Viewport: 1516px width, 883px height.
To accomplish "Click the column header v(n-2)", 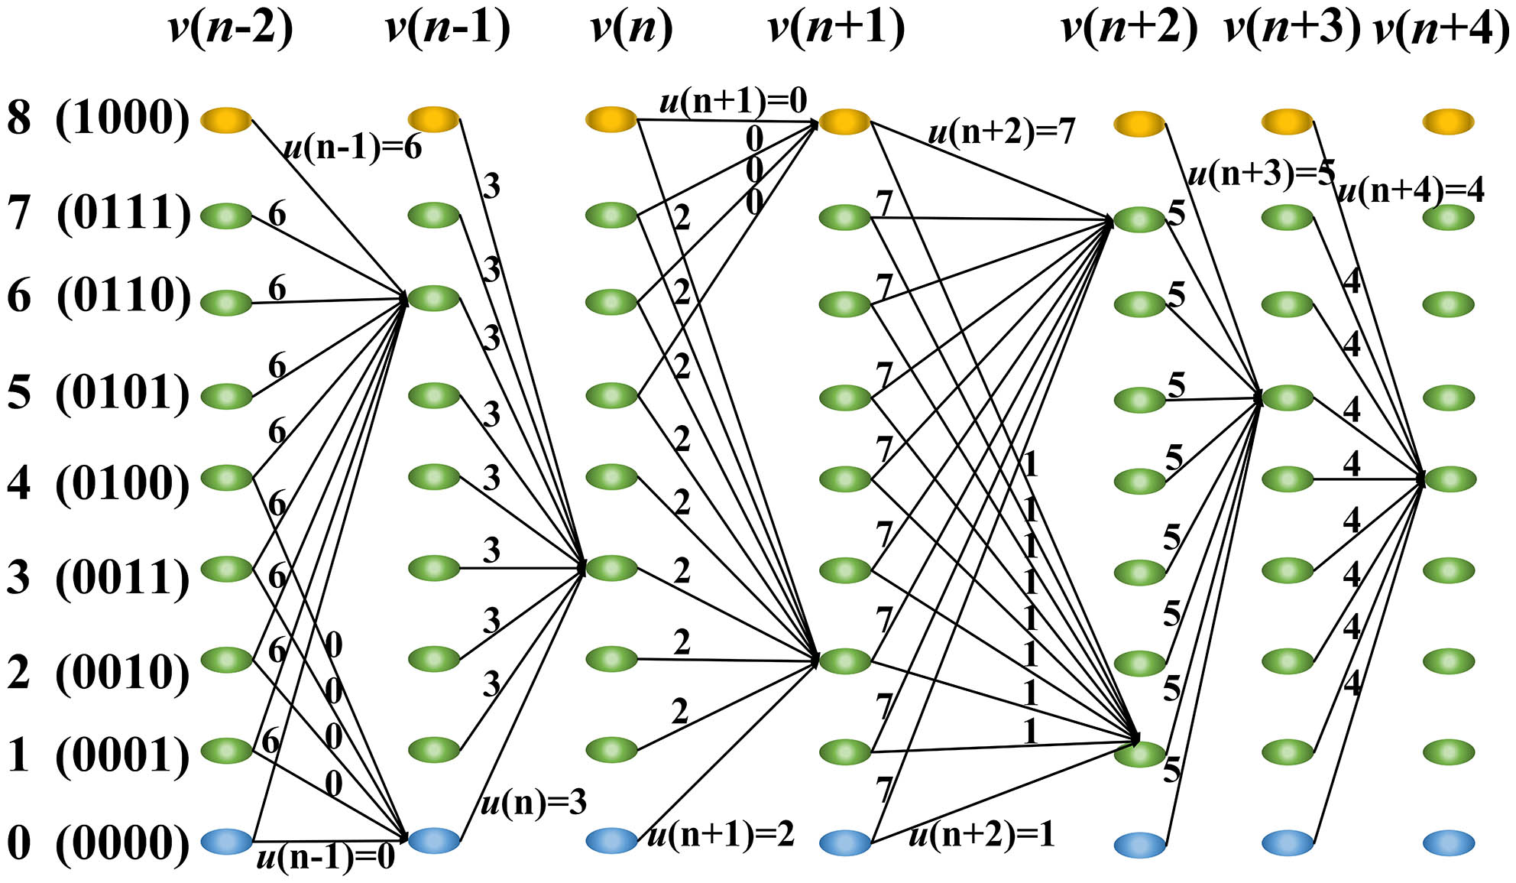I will point(230,28).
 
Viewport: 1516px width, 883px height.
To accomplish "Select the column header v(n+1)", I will point(836,28).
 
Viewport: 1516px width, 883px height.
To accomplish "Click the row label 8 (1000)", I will point(98,118).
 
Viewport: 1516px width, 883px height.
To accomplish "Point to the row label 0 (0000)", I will point(98,843).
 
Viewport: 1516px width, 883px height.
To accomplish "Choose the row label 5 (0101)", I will point(98,394).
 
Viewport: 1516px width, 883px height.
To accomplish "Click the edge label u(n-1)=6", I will point(352,146).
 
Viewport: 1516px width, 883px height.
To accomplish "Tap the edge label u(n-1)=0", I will point(326,857).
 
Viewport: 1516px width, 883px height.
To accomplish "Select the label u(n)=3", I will point(533,803).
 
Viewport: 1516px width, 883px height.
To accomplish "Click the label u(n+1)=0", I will point(733,100).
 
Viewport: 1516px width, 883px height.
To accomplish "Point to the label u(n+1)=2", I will point(721,834).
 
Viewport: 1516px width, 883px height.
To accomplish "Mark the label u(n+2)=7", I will point(1001,132).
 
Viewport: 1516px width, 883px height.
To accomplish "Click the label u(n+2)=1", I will point(982,834).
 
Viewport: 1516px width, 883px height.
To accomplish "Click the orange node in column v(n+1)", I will point(844,121).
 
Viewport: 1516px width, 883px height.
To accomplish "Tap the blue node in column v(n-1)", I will point(434,840).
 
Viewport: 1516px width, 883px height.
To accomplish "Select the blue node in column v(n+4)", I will point(1449,842).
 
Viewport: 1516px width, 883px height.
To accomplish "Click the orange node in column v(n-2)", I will point(226,119).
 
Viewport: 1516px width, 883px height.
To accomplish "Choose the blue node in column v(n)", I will point(611,840).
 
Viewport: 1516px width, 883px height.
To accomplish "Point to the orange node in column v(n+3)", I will point(1287,121).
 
